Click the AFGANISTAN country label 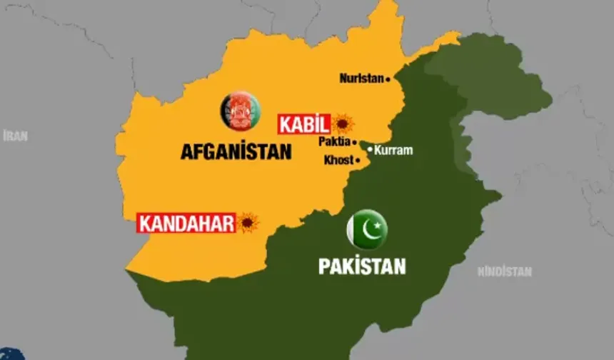click(x=236, y=152)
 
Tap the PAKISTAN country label click(x=362, y=267)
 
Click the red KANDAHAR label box click(x=186, y=223)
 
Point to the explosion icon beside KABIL click(x=343, y=124)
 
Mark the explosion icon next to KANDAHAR click(x=248, y=223)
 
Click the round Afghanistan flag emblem click(x=240, y=111)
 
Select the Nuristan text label click(x=361, y=79)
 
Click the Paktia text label click(x=334, y=142)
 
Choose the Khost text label click(x=338, y=160)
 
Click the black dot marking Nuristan click(x=388, y=79)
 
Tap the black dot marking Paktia click(x=354, y=142)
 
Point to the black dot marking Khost click(x=358, y=161)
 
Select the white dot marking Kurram click(x=370, y=149)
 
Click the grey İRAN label click(x=15, y=136)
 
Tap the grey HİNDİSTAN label click(x=504, y=271)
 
